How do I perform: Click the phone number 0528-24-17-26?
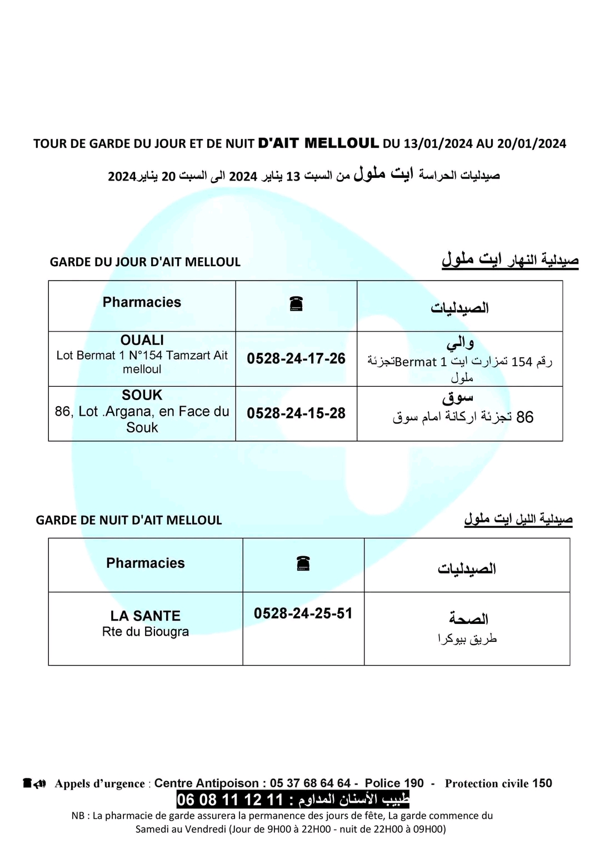click(x=296, y=359)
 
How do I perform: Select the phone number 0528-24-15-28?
click(x=296, y=413)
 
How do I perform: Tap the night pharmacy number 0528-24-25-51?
click(x=303, y=613)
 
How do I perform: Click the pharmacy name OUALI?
click(x=142, y=340)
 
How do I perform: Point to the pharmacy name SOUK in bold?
click(x=142, y=395)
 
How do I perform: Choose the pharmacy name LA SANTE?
click(x=146, y=616)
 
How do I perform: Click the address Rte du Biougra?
click(x=146, y=632)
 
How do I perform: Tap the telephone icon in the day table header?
click(x=296, y=304)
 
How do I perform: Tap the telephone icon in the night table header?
click(x=303, y=564)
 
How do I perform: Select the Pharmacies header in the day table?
click(x=142, y=302)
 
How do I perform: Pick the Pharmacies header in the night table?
click(x=146, y=563)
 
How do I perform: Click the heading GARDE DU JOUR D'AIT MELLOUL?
click(x=145, y=262)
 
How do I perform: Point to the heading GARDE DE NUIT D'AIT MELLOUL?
click(x=129, y=521)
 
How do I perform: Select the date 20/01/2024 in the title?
click(x=532, y=144)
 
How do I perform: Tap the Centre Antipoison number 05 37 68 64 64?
click(x=310, y=783)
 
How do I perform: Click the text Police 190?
click(x=394, y=783)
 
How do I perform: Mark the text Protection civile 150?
click(x=498, y=783)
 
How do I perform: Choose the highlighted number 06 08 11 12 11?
click(x=229, y=800)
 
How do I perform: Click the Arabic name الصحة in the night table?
click(x=468, y=618)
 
